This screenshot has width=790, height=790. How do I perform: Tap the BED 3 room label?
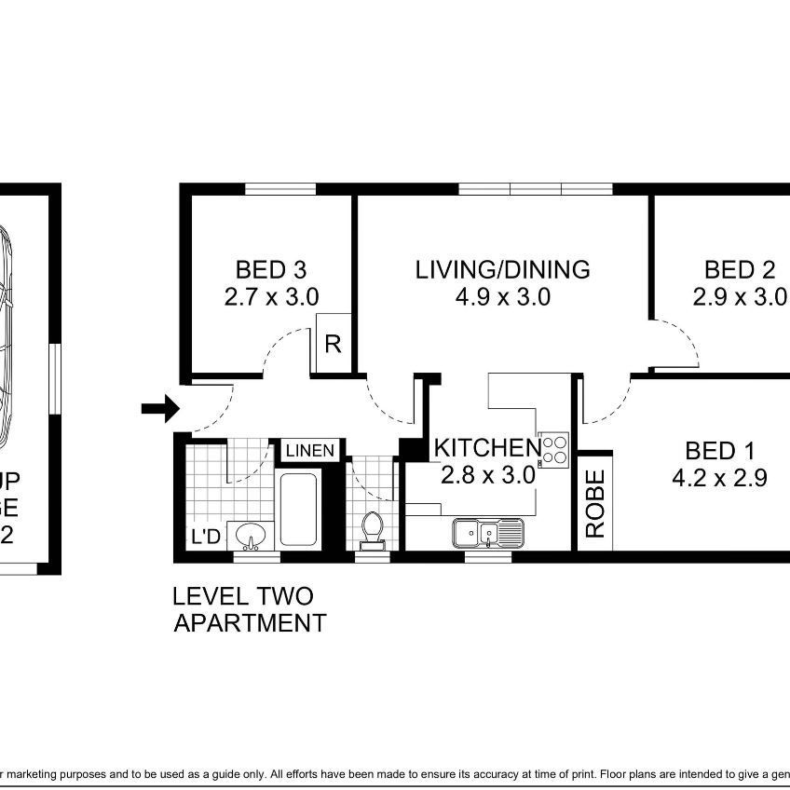tap(270, 270)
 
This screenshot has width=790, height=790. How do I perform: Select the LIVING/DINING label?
tap(502, 270)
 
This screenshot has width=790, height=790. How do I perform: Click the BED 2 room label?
tap(740, 270)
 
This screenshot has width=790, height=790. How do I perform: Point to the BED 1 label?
tap(719, 452)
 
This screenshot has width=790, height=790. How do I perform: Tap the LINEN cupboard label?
tap(310, 451)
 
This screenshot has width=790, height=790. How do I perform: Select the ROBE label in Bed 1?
tap(595, 503)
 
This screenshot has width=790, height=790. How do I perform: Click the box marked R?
tap(333, 344)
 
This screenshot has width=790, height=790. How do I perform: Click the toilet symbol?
tap(372, 528)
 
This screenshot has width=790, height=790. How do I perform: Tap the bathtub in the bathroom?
tap(300, 510)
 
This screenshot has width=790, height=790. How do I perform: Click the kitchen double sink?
tap(489, 534)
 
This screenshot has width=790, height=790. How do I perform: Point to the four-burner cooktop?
tap(554, 449)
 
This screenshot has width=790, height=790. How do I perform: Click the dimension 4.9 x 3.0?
tap(502, 298)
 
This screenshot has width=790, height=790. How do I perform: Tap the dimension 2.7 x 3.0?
tap(271, 298)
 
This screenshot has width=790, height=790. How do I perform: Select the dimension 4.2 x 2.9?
tap(719, 480)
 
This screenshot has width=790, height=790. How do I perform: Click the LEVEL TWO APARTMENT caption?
tap(250, 609)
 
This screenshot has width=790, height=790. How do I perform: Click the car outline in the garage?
tap(6, 335)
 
